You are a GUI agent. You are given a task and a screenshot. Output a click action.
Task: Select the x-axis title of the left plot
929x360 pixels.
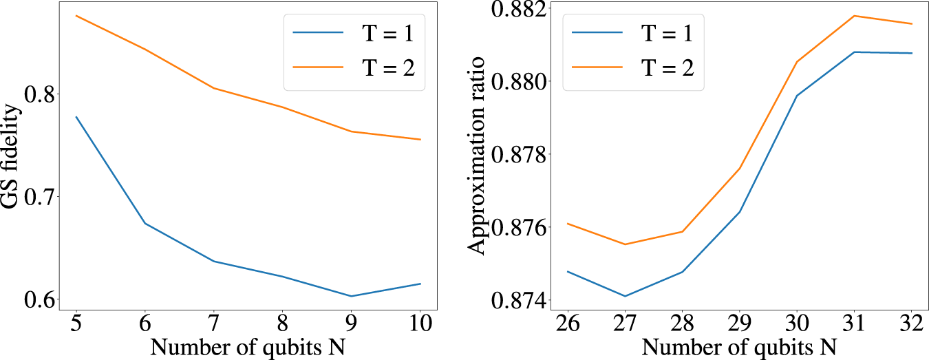[248, 346]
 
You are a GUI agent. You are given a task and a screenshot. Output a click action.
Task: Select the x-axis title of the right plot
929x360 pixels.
[739, 346]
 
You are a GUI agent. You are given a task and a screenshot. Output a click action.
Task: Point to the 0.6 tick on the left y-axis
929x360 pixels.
[41, 300]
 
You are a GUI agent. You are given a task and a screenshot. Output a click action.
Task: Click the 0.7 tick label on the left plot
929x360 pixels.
[41, 197]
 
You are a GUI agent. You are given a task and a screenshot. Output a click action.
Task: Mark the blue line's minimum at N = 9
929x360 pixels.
[351, 296]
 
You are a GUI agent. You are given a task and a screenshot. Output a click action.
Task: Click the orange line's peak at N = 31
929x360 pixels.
[854, 15]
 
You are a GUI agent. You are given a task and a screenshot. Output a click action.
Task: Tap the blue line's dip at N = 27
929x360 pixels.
[625, 296]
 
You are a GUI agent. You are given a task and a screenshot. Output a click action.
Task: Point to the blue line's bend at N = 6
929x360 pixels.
[145, 223]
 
